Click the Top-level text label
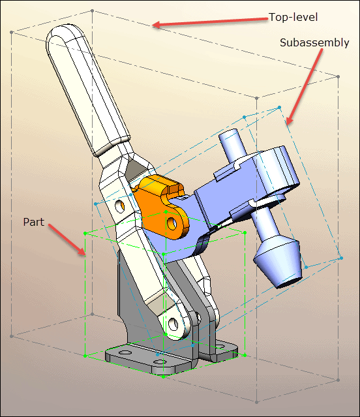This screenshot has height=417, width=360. point(293,17)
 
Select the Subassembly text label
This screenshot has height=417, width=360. point(314,43)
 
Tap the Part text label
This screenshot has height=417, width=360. point(33,222)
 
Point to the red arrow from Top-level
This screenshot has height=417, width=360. point(210,22)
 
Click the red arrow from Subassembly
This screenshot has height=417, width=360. point(305,87)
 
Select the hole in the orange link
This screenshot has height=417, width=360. point(172,223)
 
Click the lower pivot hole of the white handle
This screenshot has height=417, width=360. point(173,324)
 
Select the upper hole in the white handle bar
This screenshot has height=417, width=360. point(119,206)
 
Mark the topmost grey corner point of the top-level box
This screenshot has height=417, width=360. point(92,10)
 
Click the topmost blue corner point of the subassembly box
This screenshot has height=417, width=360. point(279,108)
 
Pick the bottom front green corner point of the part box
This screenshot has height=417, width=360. point(163,377)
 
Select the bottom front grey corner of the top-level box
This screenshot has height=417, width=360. point(257,403)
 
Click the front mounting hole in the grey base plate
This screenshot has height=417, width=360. point(159,362)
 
